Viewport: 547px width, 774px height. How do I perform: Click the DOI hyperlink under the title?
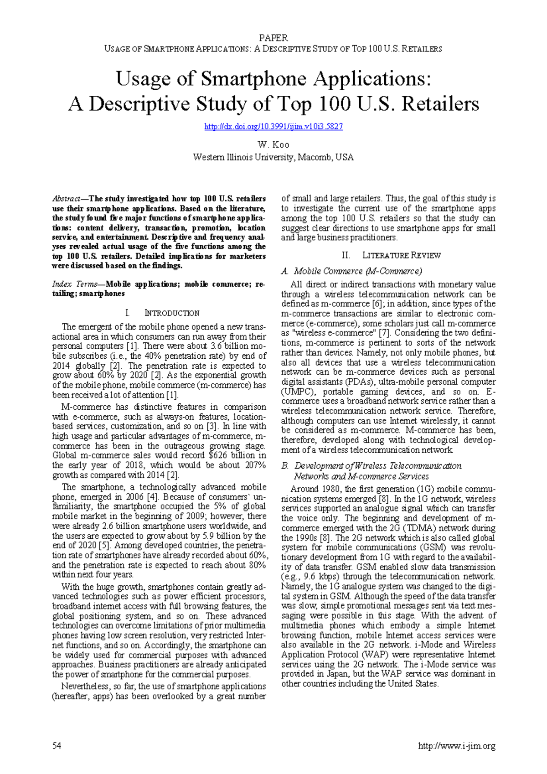pyautogui.click(x=273, y=127)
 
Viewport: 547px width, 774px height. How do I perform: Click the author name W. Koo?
pyautogui.click(x=273, y=144)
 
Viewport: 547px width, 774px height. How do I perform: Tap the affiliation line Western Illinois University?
pyautogui.click(x=273, y=157)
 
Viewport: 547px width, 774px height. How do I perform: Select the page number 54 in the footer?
pyautogui.click(x=57, y=746)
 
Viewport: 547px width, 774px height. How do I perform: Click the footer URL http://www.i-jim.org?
pyautogui.click(x=456, y=746)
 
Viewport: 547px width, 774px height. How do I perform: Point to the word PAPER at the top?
pyautogui.click(x=273, y=38)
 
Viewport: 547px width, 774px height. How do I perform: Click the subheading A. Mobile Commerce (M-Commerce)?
pyautogui.click(x=351, y=271)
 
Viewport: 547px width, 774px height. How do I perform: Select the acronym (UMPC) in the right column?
pyautogui.click(x=296, y=392)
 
